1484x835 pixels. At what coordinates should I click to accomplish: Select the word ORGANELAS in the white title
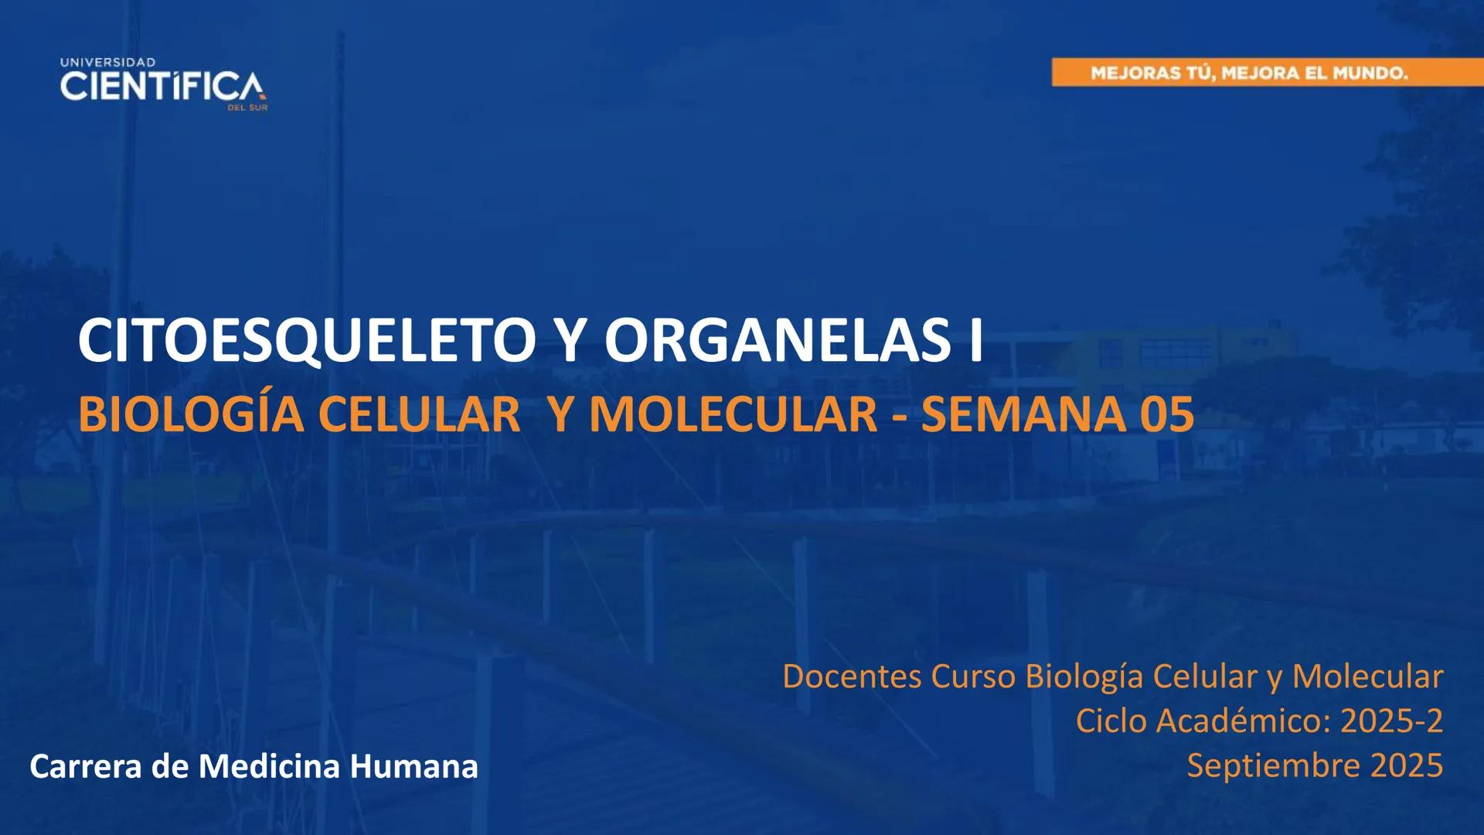778,341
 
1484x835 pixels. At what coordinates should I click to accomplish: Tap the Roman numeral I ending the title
975,341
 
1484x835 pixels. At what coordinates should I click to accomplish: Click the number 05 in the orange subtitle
1167,414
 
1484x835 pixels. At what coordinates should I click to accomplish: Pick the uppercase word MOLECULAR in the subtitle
733,414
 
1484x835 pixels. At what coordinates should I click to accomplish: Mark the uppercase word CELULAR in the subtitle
419,414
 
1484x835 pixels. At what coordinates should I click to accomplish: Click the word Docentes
852,677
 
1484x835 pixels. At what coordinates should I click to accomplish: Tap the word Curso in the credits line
973,677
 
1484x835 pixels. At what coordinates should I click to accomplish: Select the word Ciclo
1111,721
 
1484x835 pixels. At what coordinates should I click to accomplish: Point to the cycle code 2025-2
1391,721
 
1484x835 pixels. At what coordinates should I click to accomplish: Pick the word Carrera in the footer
85,766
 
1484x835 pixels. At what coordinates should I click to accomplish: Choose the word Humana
414,766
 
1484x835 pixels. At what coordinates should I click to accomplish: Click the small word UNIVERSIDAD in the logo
107,62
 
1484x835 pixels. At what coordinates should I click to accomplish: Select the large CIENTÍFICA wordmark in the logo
162,86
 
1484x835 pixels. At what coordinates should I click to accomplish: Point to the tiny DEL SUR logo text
247,107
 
